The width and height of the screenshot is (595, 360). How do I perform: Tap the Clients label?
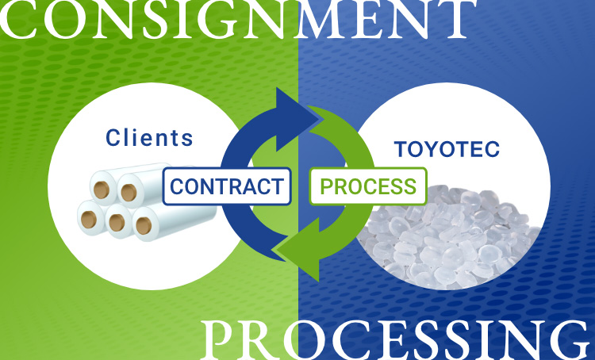click(149, 138)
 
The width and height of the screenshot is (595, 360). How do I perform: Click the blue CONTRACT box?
click(226, 186)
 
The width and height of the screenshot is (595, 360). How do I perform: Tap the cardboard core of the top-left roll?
click(102, 191)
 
